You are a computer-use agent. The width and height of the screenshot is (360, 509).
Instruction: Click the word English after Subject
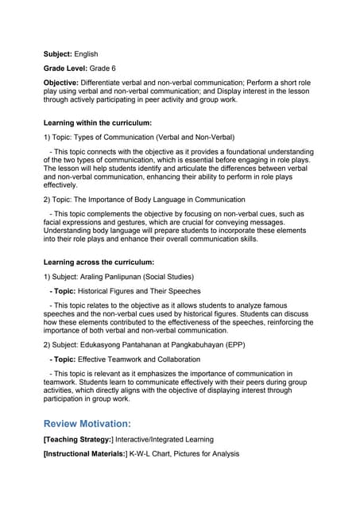[86, 53]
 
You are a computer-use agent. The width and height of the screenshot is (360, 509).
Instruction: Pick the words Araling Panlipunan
[124, 276]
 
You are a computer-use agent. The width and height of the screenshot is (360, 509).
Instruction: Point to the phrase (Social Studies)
[185, 276]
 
